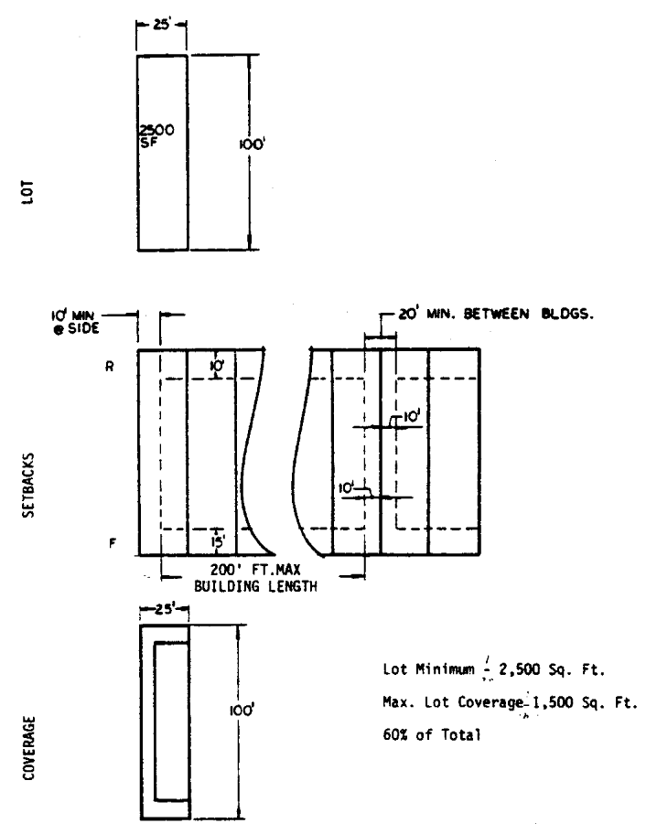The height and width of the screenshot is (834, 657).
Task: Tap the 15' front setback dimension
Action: click(x=216, y=541)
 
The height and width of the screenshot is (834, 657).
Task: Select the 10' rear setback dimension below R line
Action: click(x=217, y=365)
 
